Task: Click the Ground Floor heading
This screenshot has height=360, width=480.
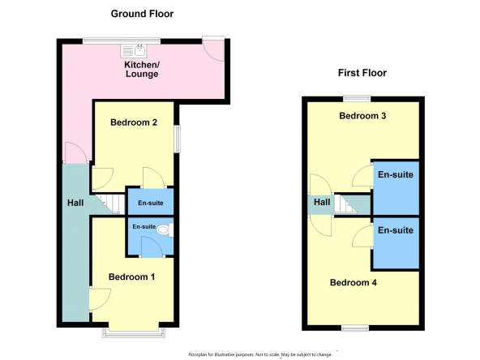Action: [142, 14]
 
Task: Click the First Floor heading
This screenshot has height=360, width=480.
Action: [362, 73]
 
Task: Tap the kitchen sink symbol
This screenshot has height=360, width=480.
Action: [134, 51]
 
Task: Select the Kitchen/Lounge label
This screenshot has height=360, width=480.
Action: [142, 69]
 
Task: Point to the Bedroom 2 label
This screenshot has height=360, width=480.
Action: [134, 122]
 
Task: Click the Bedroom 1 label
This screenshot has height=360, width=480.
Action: [131, 277]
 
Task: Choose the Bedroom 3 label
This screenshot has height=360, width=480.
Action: [362, 116]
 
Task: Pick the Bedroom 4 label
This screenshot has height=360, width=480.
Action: [354, 282]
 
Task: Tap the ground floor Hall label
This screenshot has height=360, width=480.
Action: [75, 203]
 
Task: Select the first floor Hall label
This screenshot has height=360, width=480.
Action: [322, 202]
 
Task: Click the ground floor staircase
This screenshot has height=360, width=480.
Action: [109, 204]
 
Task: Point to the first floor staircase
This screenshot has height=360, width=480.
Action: [352, 204]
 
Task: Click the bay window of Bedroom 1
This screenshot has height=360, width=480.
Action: [134, 332]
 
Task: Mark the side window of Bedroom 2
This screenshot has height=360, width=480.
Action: [178, 139]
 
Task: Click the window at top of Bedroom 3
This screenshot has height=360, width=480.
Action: [357, 99]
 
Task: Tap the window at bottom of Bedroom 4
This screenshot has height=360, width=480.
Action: [355, 328]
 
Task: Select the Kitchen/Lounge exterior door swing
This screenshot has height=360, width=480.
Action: [214, 50]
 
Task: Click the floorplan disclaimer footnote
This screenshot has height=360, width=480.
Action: [260, 355]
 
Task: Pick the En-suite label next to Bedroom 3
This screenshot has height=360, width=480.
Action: [396, 174]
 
